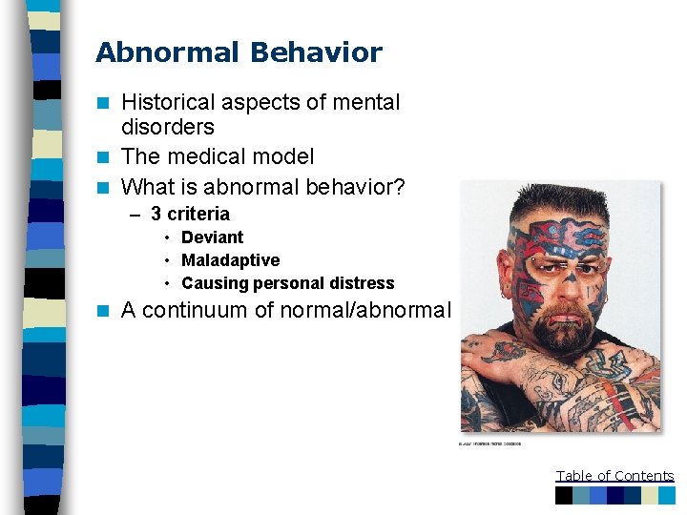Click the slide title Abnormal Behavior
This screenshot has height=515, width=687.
tap(239, 52)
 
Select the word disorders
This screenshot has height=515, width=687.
tap(168, 127)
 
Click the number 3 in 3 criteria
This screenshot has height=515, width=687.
tap(156, 215)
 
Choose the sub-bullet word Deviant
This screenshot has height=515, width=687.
tap(212, 237)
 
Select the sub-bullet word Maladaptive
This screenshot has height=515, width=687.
tap(230, 260)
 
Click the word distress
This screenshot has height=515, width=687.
tap(360, 283)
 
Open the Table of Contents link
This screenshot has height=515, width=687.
tap(614, 476)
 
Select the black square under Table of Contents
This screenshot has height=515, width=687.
tap(564, 496)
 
